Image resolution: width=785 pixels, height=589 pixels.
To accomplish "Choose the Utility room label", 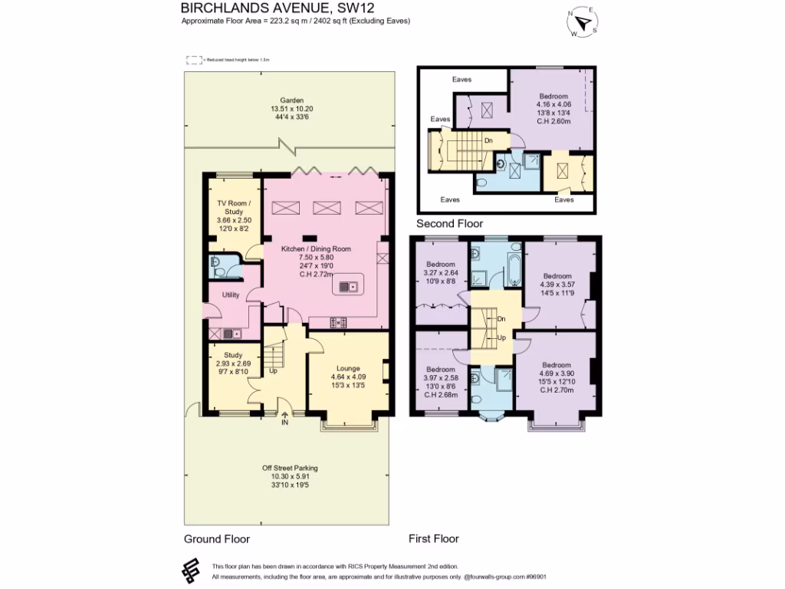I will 232,294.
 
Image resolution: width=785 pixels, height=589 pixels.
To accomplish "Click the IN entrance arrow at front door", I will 284,419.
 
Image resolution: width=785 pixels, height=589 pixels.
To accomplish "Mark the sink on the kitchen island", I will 346,287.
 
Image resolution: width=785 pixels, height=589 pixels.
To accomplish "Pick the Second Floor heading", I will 449,224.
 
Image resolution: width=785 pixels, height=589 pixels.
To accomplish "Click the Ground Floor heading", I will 217,539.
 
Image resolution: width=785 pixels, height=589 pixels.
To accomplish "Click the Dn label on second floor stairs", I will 488,140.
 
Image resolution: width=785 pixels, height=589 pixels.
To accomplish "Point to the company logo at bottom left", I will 191,570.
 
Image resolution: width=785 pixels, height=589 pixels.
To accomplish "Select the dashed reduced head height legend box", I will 194,59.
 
